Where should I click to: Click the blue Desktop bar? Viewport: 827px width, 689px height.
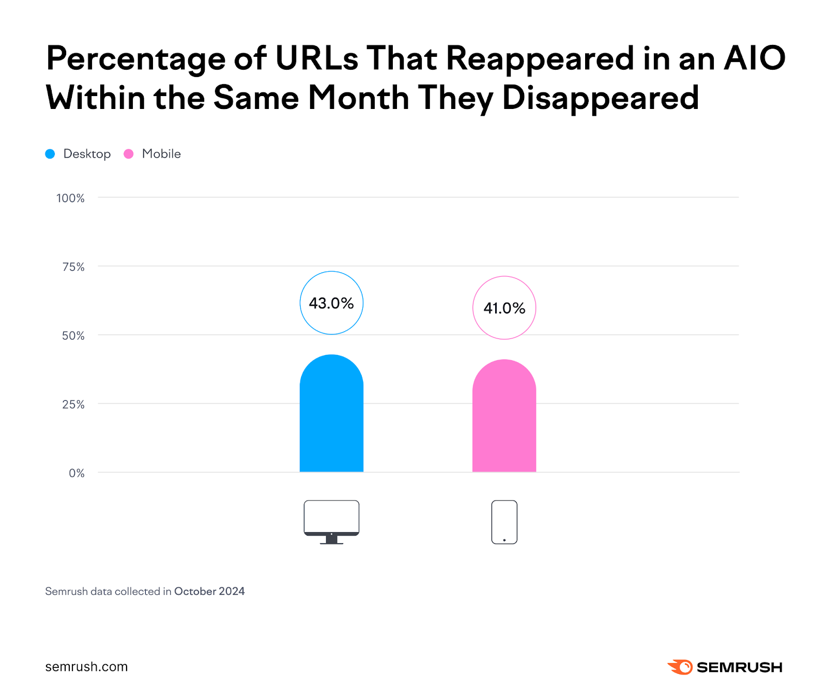coord(331,413)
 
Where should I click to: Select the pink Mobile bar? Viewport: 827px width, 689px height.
coord(504,416)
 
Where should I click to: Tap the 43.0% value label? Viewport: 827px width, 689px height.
coord(331,303)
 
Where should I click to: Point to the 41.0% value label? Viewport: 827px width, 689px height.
coord(504,308)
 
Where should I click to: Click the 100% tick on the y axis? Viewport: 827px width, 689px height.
coord(70,198)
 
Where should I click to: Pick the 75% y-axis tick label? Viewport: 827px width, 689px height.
coord(73,267)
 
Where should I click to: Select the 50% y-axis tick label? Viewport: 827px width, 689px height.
coord(73,336)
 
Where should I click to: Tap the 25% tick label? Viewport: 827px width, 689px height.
coord(73,404)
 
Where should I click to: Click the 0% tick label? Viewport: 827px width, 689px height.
coord(76,473)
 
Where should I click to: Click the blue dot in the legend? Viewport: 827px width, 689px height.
coord(50,154)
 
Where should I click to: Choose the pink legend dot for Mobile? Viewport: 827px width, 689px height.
coord(129,154)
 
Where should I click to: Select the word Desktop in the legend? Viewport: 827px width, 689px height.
coord(87,154)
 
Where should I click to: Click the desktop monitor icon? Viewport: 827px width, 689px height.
coord(331,521)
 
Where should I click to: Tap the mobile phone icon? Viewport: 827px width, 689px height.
coord(504,522)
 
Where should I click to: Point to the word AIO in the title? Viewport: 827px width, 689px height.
coord(755,58)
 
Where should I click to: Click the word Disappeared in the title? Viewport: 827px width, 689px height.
coord(601,98)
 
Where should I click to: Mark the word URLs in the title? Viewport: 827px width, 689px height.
coord(316,58)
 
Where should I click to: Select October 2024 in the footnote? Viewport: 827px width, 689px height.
coord(209,591)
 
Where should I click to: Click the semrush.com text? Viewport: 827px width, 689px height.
coord(86,667)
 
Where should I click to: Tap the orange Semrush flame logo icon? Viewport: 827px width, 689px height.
coord(680,667)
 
